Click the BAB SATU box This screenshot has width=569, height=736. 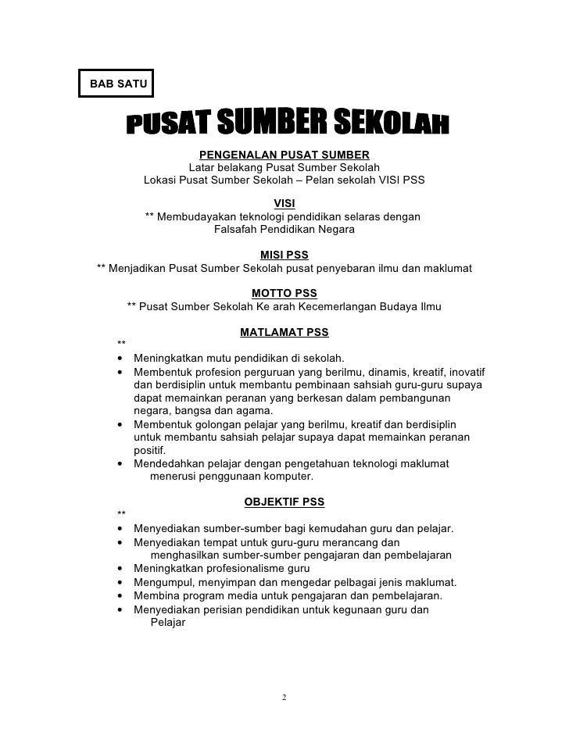(117, 82)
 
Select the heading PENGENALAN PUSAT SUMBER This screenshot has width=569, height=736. (284, 154)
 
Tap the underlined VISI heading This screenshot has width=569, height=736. (284, 203)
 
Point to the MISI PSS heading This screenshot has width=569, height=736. (284, 255)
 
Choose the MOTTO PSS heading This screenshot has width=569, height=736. (284, 293)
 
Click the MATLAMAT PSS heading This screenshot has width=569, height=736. (284, 332)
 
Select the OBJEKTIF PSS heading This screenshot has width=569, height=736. (284, 501)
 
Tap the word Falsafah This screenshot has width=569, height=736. (236, 230)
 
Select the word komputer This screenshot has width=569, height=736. (285, 477)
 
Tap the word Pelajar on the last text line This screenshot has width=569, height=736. (166, 623)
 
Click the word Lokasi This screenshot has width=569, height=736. (160, 179)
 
